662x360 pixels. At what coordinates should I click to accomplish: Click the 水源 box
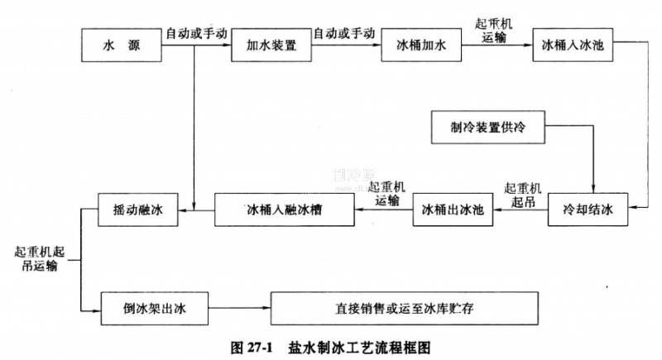pyautogui.click(x=122, y=46)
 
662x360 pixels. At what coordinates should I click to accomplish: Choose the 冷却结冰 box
pyautogui.click(x=589, y=210)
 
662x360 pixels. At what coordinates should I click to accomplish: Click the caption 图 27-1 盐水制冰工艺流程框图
pyautogui.click(x=329, y=346)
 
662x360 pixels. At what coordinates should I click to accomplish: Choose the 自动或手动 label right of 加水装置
pyautogui.click(x=344, y=34)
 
